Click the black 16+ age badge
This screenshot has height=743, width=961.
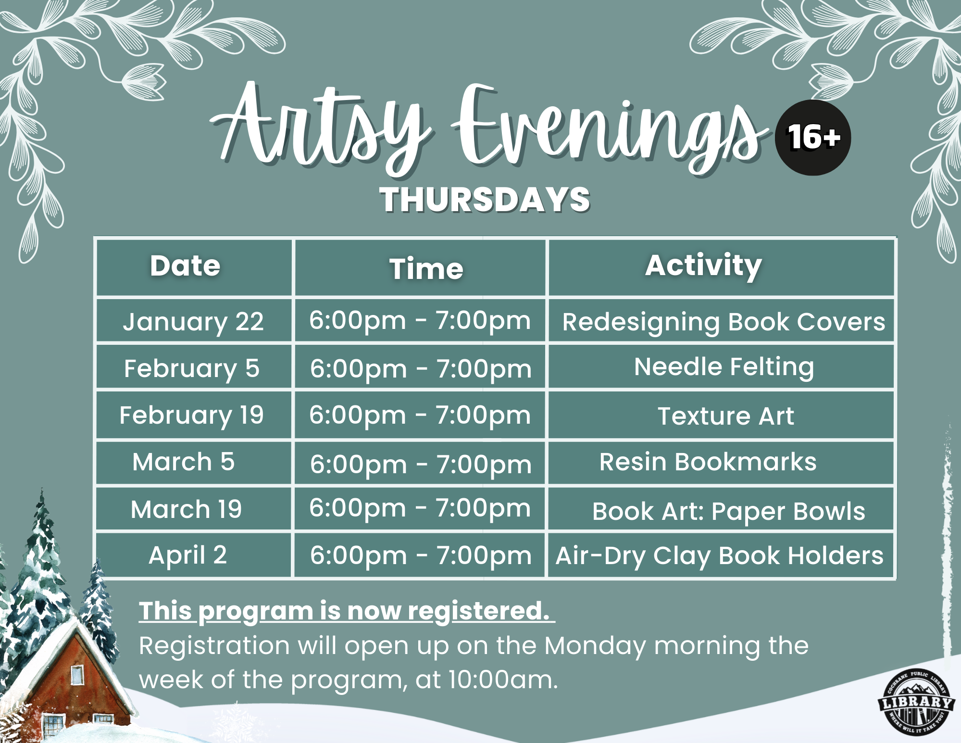pos(812,138)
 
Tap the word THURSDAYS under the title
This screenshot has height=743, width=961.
pos(485,200)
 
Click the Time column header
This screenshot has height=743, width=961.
pos(426,268)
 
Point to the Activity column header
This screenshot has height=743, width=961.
pos(703,265)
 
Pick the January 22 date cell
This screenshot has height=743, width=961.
pos(193,321)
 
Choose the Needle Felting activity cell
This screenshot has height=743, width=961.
pos(724,367)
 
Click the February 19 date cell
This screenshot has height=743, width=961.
pos(191,415)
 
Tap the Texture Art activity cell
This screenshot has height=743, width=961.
pos(725,416)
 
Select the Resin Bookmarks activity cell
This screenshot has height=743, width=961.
pos(708,462)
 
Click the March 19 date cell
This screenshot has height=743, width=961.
pos(187,509)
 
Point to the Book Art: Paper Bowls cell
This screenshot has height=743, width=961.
pos(728,511)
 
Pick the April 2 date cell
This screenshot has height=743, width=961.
pos(187,555)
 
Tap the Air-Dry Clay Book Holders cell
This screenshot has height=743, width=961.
pos(719,556)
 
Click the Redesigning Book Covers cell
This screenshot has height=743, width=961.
pos(724,322)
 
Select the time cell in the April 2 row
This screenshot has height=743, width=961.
pos(421,556)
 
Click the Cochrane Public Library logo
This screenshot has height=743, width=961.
pos(916,702)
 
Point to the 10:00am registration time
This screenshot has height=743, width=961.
pos(503,680)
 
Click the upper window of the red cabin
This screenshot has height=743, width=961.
pos(77,675)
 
